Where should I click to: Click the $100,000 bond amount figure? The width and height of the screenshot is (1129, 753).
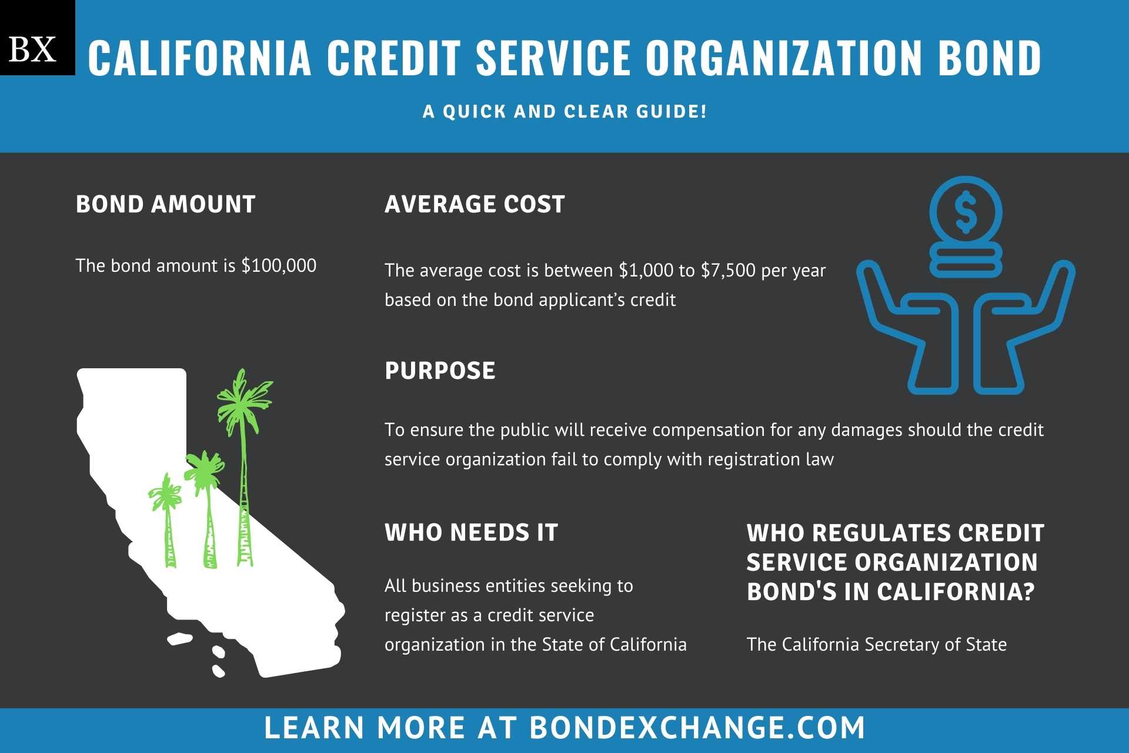(279, 266)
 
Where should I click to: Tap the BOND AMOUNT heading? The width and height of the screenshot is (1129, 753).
(166, 204)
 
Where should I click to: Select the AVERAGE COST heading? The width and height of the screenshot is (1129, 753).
(475, 204)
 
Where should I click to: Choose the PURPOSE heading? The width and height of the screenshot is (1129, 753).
(440, 371)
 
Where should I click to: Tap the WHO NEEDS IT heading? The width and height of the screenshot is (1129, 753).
(471, 532)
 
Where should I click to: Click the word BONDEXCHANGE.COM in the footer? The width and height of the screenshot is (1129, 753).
(697, 728)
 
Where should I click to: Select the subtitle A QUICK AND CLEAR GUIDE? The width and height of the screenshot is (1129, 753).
(564, 111)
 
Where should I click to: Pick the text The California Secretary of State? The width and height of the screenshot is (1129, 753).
(877, 645)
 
